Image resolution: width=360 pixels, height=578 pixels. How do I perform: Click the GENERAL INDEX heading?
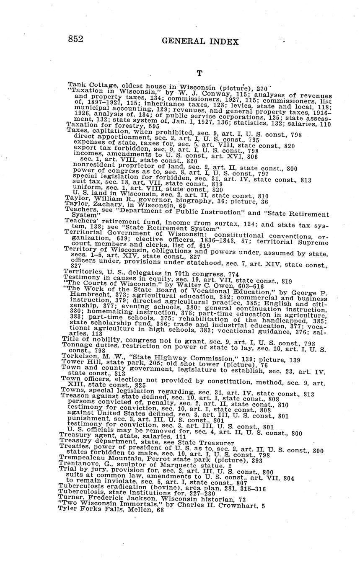coord(200,41)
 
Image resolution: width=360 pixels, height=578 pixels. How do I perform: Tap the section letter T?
coord(199,74)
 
